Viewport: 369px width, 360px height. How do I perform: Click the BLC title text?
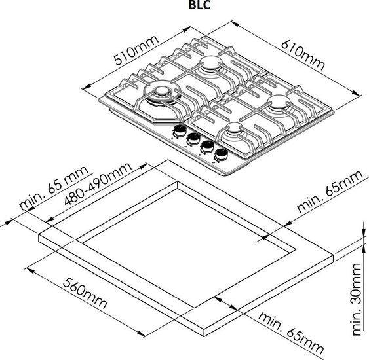click(199, 5)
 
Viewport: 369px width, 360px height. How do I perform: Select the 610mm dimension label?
click(303, 55)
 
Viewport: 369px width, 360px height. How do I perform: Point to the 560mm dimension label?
click(85, 293)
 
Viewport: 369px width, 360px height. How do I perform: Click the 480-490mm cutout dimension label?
click(98, 184)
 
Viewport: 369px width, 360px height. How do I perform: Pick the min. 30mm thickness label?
click(357, 299)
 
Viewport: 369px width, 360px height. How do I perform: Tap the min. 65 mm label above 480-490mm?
click(54, 188)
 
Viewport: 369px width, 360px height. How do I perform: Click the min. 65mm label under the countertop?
click(290, 333)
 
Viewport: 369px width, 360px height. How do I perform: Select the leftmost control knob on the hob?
click(180, 131)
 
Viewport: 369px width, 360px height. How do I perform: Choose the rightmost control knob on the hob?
click(221, 154)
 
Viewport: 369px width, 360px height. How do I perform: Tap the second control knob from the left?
click(194, 139)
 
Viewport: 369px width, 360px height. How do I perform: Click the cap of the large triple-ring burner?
click(161, 90)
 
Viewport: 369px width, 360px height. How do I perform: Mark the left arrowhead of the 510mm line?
click(85, 87)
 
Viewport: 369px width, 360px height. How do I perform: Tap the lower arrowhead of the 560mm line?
click(141, 333)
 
